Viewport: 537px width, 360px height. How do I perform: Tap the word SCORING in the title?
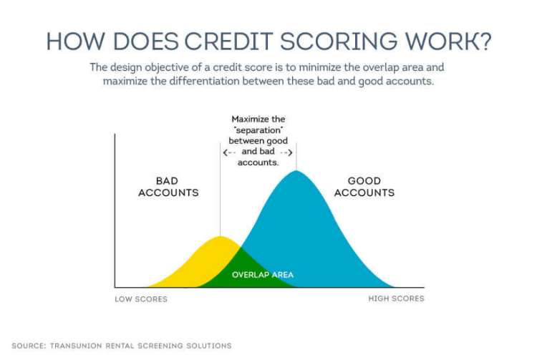point(332,41)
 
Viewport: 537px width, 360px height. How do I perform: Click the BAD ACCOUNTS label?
point(168,187)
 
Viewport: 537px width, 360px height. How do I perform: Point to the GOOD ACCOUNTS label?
point(364,187)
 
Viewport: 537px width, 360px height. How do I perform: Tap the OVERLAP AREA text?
point(263,275)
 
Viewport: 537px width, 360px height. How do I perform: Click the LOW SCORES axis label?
point(141,298)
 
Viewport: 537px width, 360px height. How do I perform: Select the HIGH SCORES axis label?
point(396,298)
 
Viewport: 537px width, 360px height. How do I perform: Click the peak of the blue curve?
point(296,172)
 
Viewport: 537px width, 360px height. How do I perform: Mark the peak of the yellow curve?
point(221,237)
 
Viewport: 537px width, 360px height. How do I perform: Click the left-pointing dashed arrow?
point(230,152)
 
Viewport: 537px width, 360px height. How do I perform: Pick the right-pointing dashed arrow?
point(285,152)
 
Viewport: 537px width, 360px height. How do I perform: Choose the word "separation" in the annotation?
point(258,131)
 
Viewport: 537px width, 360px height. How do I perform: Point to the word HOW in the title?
point(72,41)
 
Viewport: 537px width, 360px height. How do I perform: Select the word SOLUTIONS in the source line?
point(208,346)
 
